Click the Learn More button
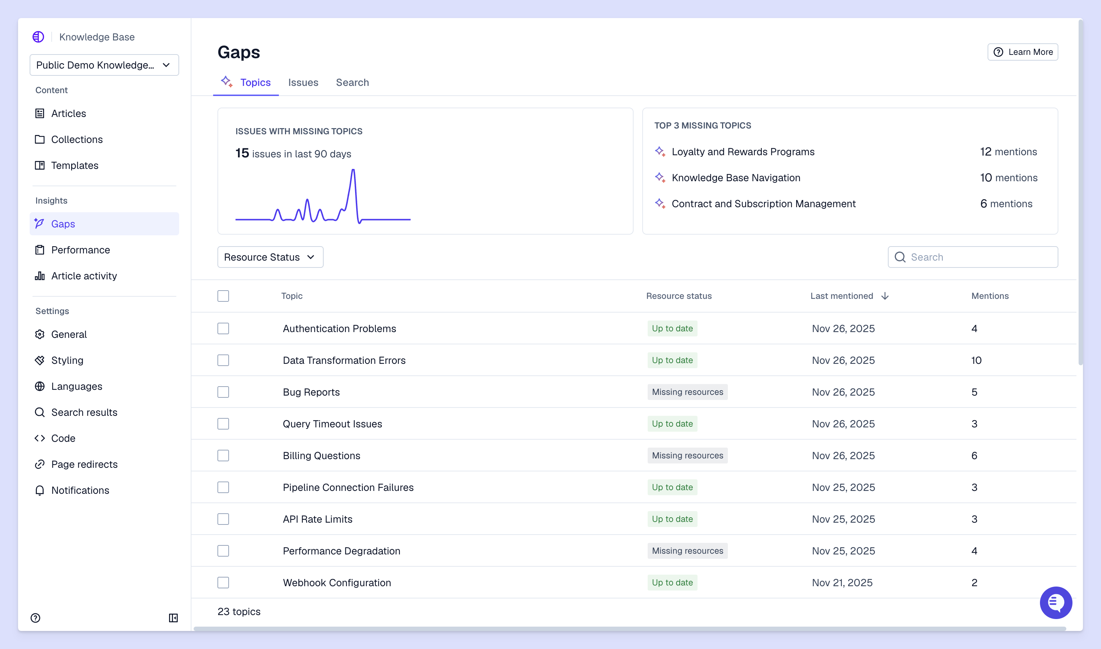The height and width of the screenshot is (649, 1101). (x=1022, y=52)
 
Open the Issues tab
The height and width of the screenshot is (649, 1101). (x=303, y=82)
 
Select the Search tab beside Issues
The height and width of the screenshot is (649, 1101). (x=352, y=82)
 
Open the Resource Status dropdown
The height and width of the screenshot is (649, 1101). (x=270, y=257)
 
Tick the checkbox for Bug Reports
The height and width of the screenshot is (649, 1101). (x=223, y=392)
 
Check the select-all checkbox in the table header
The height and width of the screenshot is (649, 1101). (x=223, y=296)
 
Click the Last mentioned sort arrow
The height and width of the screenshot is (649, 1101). (x=885, y=296)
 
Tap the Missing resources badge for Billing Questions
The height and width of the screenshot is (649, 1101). (x=687, y=456)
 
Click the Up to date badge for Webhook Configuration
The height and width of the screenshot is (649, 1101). (x=672, y=583)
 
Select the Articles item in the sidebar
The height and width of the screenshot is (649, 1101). (x=68, y=114)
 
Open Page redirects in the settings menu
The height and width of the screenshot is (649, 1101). (x=84, y=465)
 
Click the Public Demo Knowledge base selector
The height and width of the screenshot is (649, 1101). (x=104, y=65)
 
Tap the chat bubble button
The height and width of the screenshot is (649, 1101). (x=1055, y=603)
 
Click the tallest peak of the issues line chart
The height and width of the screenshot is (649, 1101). (x=353, y=171)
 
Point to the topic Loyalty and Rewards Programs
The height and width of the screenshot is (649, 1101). (x=743, y=152)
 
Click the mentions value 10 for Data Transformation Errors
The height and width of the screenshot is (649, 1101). (x=976, y=360)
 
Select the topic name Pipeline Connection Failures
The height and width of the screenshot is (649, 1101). (x=348, y=487)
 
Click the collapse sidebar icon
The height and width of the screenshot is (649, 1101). (x=173, y=618)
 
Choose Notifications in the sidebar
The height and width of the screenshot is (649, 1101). (x=80, y=490)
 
